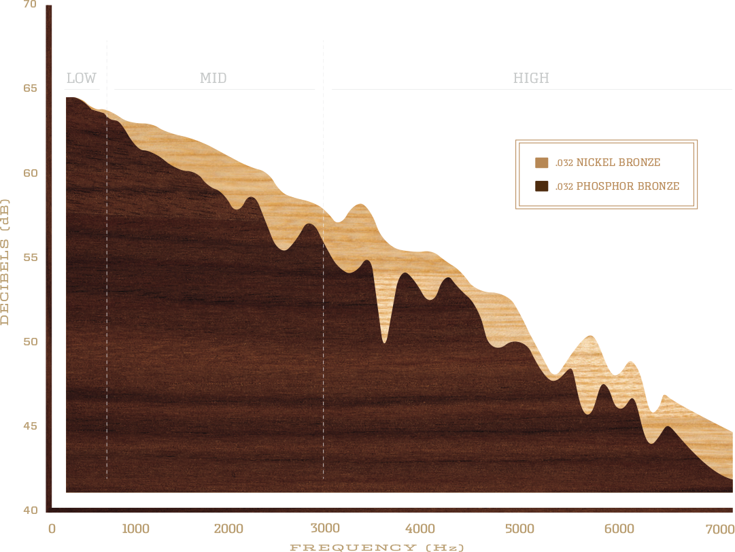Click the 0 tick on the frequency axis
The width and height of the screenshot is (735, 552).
click(51, 529)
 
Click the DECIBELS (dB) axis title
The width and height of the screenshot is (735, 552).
click(5, 262)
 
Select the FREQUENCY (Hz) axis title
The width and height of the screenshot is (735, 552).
click(377, 547)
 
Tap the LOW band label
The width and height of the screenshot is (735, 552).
click(82, 79)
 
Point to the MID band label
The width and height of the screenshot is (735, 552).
click(213, 79)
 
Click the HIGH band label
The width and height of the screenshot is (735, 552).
click(531, 79)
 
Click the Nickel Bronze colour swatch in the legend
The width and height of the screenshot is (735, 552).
click(541, 162)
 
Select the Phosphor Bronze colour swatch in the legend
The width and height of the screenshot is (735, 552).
click(541, 186)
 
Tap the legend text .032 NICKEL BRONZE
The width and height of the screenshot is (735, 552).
click(607, 162)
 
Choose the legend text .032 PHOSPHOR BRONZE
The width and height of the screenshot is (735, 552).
click(617, 186)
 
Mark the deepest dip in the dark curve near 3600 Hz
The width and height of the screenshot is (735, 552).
click(385, 342)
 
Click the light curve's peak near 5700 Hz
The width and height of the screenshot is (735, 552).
click(590, 336)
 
